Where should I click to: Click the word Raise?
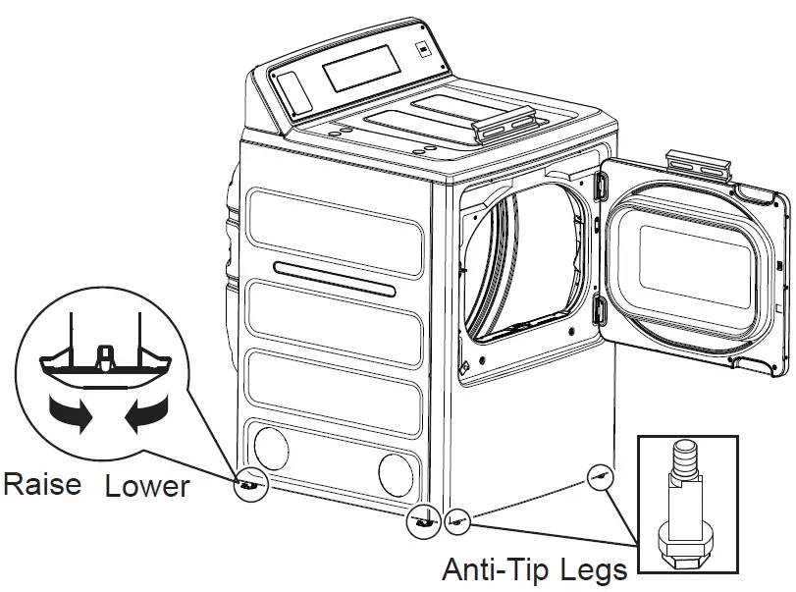coord(42,483)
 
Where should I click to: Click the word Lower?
coord(146,485)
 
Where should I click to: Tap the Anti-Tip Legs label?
coord(534,569)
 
